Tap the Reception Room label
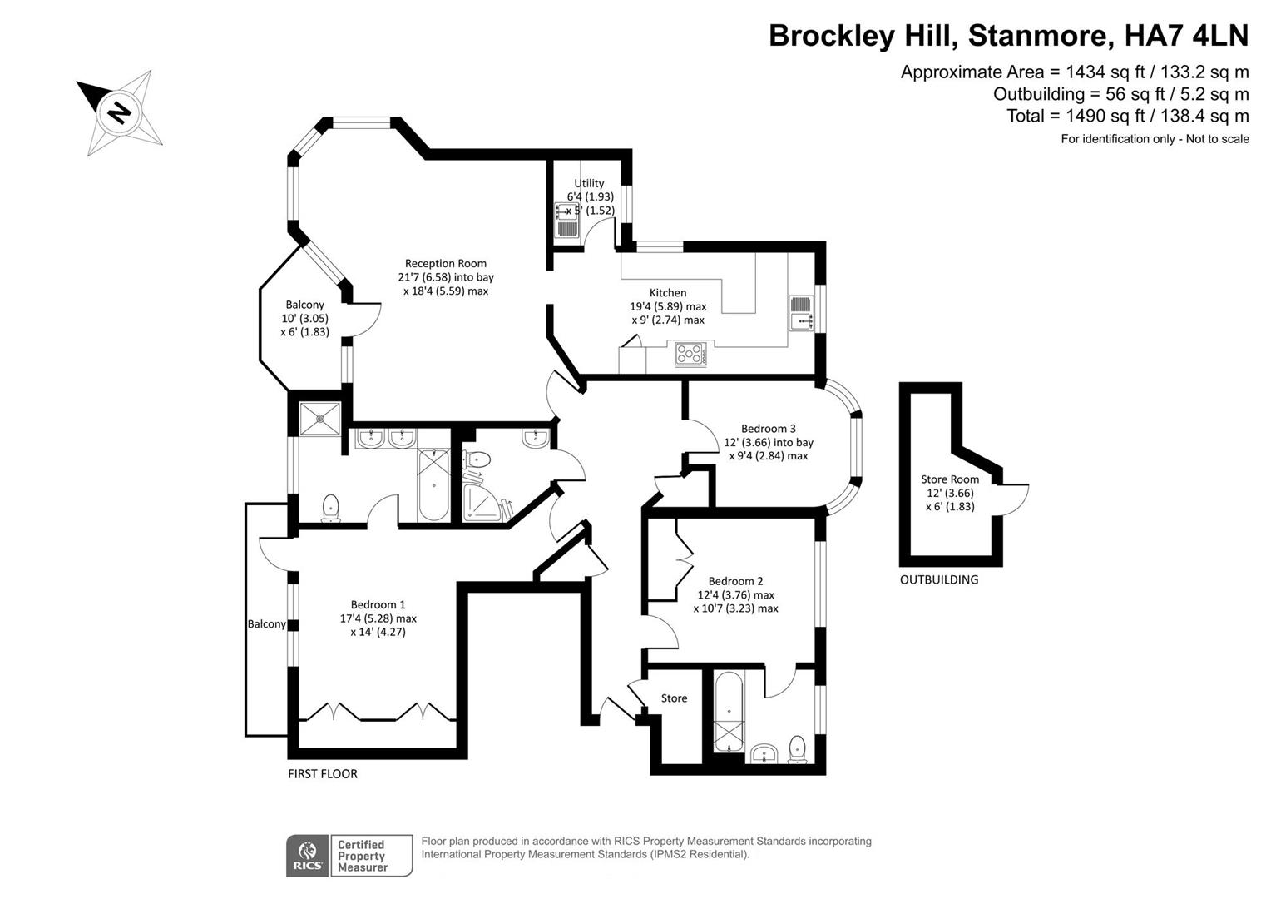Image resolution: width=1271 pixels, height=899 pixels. point(445,264)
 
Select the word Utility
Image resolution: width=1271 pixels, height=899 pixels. point(589,183)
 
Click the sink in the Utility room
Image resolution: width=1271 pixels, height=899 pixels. point(566,221)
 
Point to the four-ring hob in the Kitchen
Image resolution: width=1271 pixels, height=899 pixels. point(690,355)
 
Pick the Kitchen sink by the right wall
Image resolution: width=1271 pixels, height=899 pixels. point(800,313)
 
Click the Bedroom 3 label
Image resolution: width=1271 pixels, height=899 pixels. point(768,429)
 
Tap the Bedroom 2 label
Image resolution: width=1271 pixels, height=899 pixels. point(735,581)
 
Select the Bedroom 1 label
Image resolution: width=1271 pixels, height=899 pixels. point(378,604)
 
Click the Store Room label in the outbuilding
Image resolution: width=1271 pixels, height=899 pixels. point(949,479)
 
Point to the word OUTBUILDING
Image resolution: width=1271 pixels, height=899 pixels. point(938,579)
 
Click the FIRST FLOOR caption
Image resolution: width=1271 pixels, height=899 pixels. point(323,773)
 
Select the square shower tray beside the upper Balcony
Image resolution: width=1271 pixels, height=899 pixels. point(319,418)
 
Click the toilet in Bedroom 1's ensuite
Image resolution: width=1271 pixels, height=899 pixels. point(331,507)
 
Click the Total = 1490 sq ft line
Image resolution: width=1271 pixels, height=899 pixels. point(1127,116)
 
